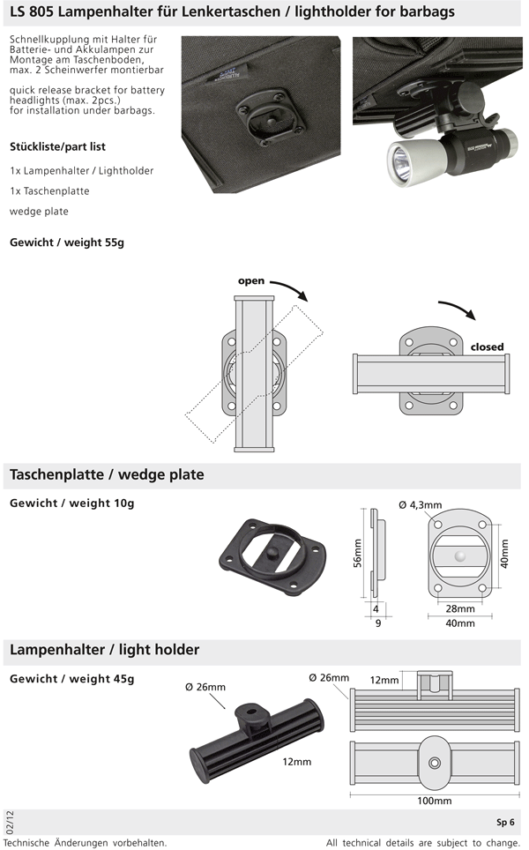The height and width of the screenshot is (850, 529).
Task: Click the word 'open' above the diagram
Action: [251, 281]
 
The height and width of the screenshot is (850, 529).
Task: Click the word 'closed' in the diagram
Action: [487, 347]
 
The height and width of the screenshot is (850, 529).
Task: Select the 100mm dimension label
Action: [435, 801]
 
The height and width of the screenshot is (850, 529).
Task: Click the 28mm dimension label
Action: [459, 608]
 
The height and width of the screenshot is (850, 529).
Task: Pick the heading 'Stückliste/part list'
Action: [57, 146]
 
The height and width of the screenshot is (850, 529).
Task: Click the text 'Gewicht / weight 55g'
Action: [67, 242]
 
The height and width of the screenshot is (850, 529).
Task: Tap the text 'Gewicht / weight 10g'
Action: [71, 503]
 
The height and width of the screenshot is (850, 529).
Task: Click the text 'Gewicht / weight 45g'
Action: [71, 678]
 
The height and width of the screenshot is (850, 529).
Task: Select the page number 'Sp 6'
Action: [505, 823]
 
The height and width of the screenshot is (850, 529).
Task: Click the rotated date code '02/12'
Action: [9, 822]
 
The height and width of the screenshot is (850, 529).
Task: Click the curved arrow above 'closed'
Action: [458, 310]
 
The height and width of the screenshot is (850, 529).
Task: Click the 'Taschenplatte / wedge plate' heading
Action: [107, 475]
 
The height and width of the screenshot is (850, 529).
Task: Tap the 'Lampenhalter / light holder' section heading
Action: [104, 650]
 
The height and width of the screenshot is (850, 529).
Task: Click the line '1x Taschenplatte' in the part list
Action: [49, 190]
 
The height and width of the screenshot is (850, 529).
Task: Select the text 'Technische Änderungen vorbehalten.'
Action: [85, 842]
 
